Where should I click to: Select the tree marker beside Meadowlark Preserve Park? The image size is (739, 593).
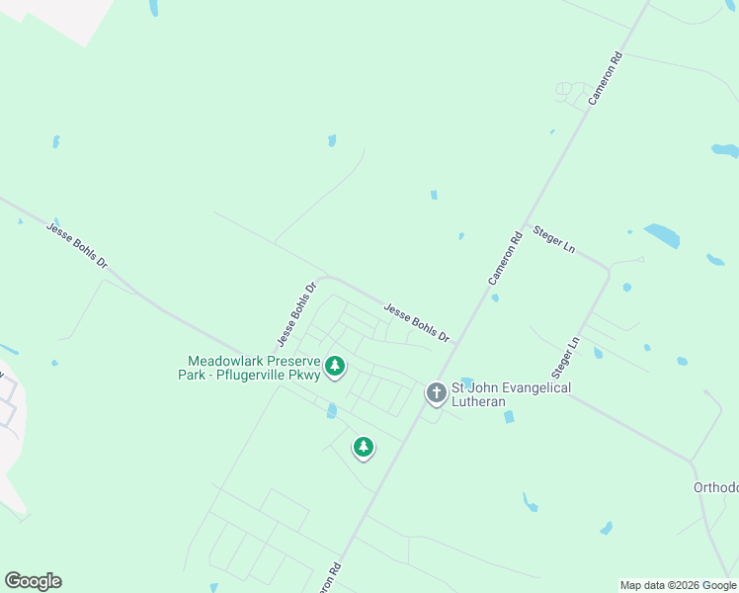335,368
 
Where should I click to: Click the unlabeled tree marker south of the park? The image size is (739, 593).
364,448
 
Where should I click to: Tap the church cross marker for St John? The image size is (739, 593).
436,393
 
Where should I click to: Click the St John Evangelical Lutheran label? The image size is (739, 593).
511,394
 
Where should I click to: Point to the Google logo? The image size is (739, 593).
33,581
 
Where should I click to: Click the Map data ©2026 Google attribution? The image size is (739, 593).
678,585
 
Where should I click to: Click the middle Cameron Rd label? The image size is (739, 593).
504,259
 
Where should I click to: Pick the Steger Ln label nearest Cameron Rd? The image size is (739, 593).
553,239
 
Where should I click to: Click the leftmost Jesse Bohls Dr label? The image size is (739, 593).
76,246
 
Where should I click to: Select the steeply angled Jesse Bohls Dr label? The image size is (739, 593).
296,315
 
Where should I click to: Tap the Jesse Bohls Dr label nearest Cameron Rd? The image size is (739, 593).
416,322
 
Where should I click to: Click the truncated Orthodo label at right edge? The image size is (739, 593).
716,488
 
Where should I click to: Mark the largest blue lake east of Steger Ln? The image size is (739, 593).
662,235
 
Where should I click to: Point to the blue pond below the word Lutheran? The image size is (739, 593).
509,417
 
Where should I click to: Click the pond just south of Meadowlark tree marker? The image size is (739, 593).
332,410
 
